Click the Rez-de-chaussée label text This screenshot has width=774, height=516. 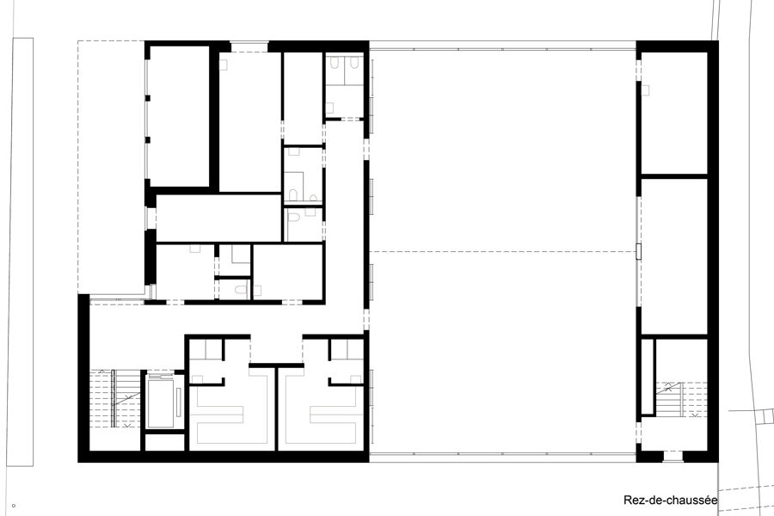[x=670, y=501]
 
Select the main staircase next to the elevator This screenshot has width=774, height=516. [x=114, y=398]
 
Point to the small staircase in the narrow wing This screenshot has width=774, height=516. [x=681, y=399]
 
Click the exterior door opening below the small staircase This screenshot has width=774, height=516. [x=673, y=457]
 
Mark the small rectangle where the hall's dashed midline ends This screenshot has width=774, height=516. [x=638, y=252]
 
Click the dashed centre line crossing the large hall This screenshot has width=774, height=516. [x=502, y=252]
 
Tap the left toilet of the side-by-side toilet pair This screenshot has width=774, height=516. [x=335, y=62]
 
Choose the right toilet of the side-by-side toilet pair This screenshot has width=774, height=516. [x=353, y=62]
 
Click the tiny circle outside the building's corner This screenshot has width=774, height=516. [x=13, y=505]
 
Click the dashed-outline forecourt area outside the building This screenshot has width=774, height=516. [x=112, y=167]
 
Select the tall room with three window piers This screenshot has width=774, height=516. [x=179, y=117]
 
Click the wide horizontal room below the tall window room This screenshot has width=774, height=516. [x=218, y=218]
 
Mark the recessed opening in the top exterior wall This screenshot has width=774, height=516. [x=249, y=46]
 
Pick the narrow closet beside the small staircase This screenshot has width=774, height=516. [x=648, y=377]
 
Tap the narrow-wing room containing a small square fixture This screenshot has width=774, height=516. [x=673, y=113]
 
